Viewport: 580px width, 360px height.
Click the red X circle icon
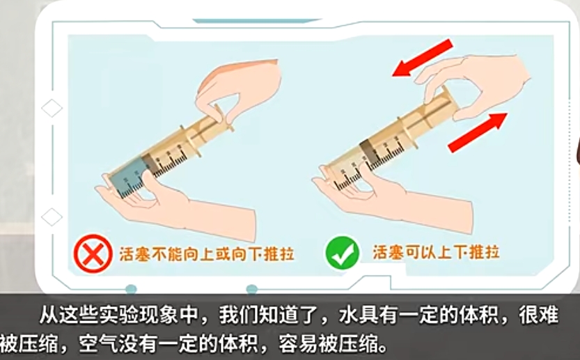point(93,254)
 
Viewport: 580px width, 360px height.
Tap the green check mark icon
point(342,253)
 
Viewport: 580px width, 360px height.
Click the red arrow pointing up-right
point(477,132)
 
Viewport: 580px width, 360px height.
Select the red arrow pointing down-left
point(422,58)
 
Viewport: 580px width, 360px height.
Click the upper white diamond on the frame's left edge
point(52,108)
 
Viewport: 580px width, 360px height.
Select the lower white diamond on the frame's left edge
point(52,217)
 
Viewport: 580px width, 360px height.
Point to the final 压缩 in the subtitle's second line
point(358,344)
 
